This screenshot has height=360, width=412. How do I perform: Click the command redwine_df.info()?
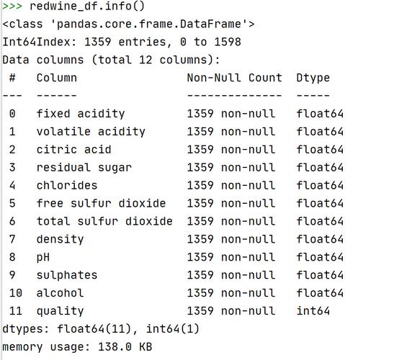87,6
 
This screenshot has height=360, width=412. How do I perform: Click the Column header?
57,78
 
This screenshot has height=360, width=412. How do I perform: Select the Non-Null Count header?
234,78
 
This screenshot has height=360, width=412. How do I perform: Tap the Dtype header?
313,78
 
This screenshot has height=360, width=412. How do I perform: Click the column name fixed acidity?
81,114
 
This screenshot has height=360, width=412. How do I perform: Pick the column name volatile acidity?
91,132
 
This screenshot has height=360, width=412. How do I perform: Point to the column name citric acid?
74,150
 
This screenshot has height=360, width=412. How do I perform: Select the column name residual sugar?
84,168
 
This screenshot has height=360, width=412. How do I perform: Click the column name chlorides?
67,185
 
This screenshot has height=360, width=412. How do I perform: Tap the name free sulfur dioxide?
101,204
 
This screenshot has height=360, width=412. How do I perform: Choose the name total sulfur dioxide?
104,221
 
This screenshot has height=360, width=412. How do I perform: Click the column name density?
61,240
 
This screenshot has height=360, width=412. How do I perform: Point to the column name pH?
43,257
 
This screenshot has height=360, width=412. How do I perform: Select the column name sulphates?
67,276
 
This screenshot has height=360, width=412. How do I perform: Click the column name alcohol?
61,293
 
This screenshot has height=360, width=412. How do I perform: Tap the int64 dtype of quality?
313,311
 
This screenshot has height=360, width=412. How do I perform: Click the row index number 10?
16,293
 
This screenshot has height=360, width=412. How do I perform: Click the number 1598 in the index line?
228,42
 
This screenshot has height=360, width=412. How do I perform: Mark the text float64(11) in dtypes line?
94,329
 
